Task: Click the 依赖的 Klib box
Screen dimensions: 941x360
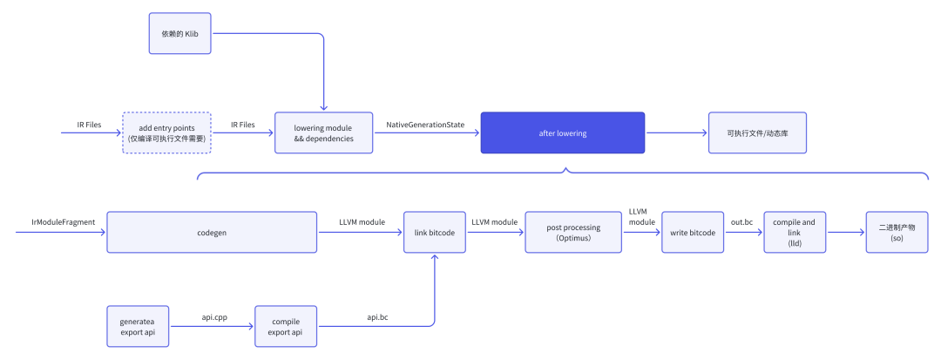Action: (x=180, y=33)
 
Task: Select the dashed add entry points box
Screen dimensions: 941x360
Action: (x=166, y=132)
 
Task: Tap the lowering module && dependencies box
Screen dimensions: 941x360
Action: (x=323, y=132)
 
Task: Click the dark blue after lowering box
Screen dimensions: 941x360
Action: (x=562, y=132)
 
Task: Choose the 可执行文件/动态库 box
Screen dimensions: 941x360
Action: (x=757, y=132)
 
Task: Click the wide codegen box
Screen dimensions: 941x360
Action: (x=212, y=232)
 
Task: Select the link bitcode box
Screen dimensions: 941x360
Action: (x=435, y=232)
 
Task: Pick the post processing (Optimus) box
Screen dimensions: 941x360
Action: (x=573, y=232)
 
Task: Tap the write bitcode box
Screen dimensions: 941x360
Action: (x=693, y=232)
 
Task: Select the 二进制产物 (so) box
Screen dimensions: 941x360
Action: (x=897, y=232)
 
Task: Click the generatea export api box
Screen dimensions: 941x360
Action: (x=138, y=326)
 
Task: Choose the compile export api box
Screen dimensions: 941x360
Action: (x=286, y=326)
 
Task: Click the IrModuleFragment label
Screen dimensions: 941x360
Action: (x=64, y=222)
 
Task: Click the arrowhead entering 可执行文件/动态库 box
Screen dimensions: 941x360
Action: (x=705, y=132)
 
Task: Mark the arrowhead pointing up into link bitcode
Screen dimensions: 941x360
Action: (x=435, y=256)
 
